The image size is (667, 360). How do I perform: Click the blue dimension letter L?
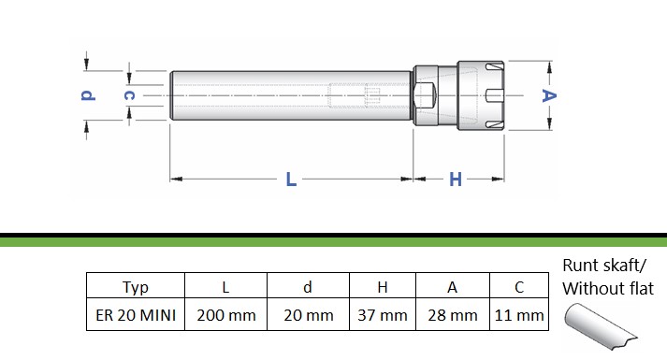point(291,180)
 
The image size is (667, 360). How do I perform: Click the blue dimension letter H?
point(456,180)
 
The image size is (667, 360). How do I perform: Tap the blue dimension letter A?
point(549,95)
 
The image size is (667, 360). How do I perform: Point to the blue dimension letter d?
point(88,95)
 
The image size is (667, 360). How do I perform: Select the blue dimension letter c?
point(129,95)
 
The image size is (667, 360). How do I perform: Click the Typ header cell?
point(136,285)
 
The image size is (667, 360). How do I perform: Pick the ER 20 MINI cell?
point(136,314)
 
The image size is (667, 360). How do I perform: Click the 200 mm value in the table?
point(225,314)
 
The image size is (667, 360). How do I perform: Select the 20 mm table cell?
point(309,314)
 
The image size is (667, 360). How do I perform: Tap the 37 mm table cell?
point(383,314)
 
